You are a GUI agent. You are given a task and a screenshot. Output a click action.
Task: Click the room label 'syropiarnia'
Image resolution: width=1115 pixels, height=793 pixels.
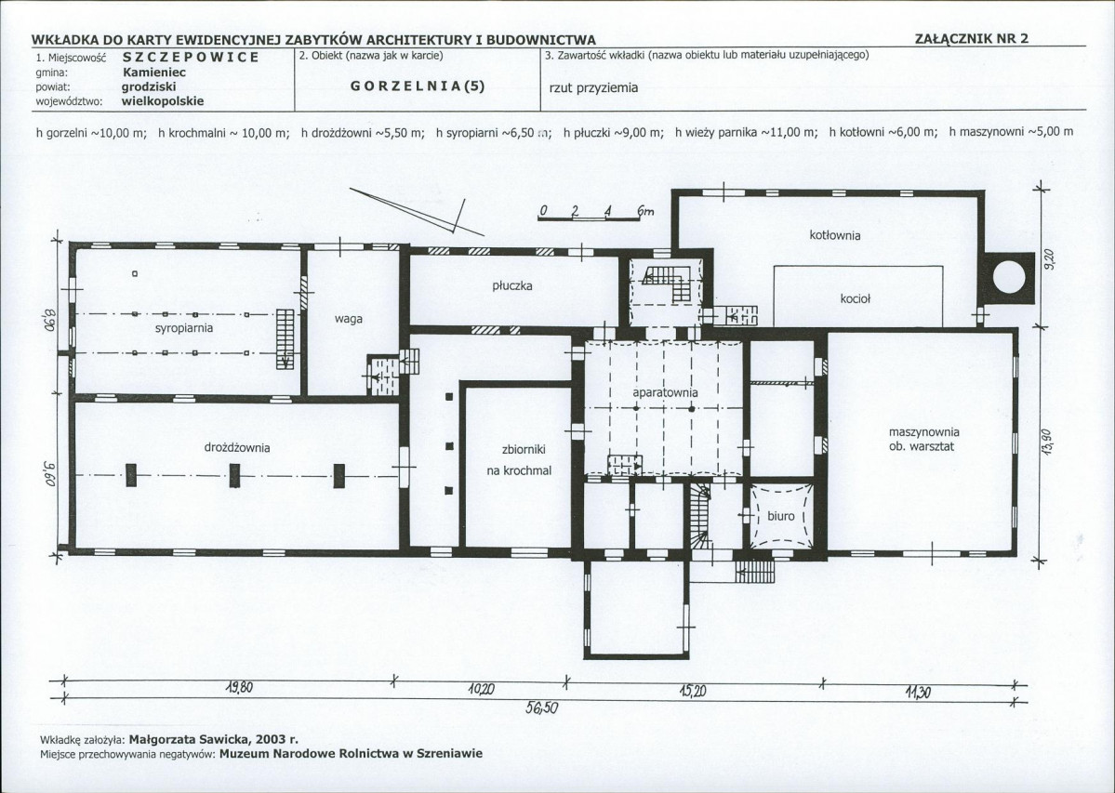point(184,328)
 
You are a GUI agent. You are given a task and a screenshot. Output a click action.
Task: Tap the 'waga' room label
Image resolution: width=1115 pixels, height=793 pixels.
point(349,319)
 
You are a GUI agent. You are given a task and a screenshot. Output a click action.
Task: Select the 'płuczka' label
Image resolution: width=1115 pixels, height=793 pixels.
point(512,285)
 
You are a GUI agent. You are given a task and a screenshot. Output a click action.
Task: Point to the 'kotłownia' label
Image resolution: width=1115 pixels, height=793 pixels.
point(835,235)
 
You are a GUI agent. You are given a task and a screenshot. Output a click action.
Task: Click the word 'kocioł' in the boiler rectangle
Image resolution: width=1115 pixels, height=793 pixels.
point(855,299)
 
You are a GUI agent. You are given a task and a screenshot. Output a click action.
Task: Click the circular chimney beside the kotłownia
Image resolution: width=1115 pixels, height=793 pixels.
point(1008,277)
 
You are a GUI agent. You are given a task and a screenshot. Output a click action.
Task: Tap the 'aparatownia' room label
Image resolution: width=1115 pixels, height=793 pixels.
point(665,392)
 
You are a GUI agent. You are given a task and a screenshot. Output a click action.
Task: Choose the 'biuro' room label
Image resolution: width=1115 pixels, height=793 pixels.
point(780,516)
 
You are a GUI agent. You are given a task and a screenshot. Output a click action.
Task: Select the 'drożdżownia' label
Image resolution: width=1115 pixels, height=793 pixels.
point(237,448)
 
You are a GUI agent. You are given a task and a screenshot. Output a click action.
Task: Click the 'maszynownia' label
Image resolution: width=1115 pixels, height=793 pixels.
point(923,432)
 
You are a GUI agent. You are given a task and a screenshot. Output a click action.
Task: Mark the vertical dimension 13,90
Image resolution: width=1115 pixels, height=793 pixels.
point(1046,446)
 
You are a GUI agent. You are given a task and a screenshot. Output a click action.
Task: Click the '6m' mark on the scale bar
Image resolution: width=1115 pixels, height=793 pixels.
point(645,210)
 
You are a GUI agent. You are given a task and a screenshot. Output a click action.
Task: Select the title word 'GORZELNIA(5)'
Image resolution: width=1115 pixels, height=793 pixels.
point(418,86)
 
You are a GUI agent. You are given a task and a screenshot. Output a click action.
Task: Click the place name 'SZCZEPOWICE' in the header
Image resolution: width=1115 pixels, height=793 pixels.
point(191,57)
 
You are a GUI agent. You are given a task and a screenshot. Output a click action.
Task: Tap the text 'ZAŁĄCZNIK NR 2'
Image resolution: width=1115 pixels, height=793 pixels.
point(972,39)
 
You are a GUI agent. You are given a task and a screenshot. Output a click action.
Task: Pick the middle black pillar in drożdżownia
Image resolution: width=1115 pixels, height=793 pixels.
point(234,475)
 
